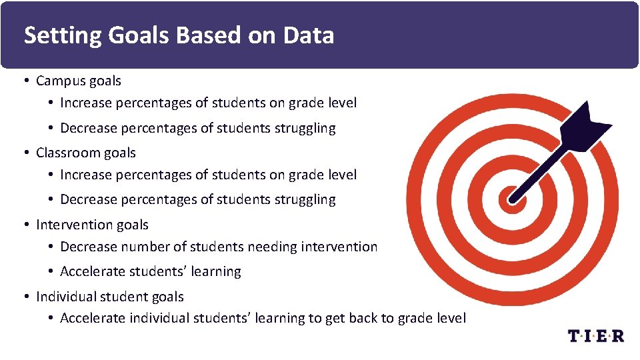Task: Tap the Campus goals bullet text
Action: pyautogui.click(x=79, y=81)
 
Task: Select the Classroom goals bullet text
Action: pyautogui.click(x=86, y=153)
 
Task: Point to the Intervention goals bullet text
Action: pyautogui.click(x=92, y=225)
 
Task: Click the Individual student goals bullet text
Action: pyautogui.click(x=110, y=297)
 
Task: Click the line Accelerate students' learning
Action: pyautogui.click(x=151, y=271)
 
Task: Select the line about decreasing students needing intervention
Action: pyautogui.click(x=219, y=247)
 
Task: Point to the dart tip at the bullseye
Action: pyautogui.click(x=513, y=197)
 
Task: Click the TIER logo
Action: pyautogui.click(x=595, y=335)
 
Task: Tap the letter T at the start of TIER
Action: pyautogui.click(x=574, y=335)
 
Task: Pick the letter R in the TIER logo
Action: pyautogui.click(x=617, y=335)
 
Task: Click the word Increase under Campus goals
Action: pyautogui.click(x=85, y=103)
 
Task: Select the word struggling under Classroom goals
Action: pyautogui.click(x=305, y=199)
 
